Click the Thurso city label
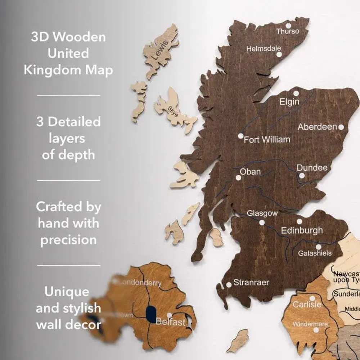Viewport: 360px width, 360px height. [288, 31]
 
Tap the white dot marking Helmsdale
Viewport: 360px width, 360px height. [279, 55]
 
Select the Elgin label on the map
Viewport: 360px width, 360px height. [289, 102]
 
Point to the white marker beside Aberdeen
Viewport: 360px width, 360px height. [341, 127]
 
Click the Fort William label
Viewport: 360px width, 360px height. [267, 140]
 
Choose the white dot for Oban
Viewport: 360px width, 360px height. [238, 177]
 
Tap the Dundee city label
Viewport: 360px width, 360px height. [312, 168]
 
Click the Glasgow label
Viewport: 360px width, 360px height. [262, 213]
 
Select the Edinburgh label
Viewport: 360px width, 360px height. [302, 230]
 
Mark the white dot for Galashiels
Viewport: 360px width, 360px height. [318, 247]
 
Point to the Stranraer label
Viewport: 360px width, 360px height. [251, 283]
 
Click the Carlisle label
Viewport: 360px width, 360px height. [307, 305]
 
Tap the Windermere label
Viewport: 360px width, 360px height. [310, 324]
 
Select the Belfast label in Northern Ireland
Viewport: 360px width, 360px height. [170, 322]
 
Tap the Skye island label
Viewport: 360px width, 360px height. [173, 111]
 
